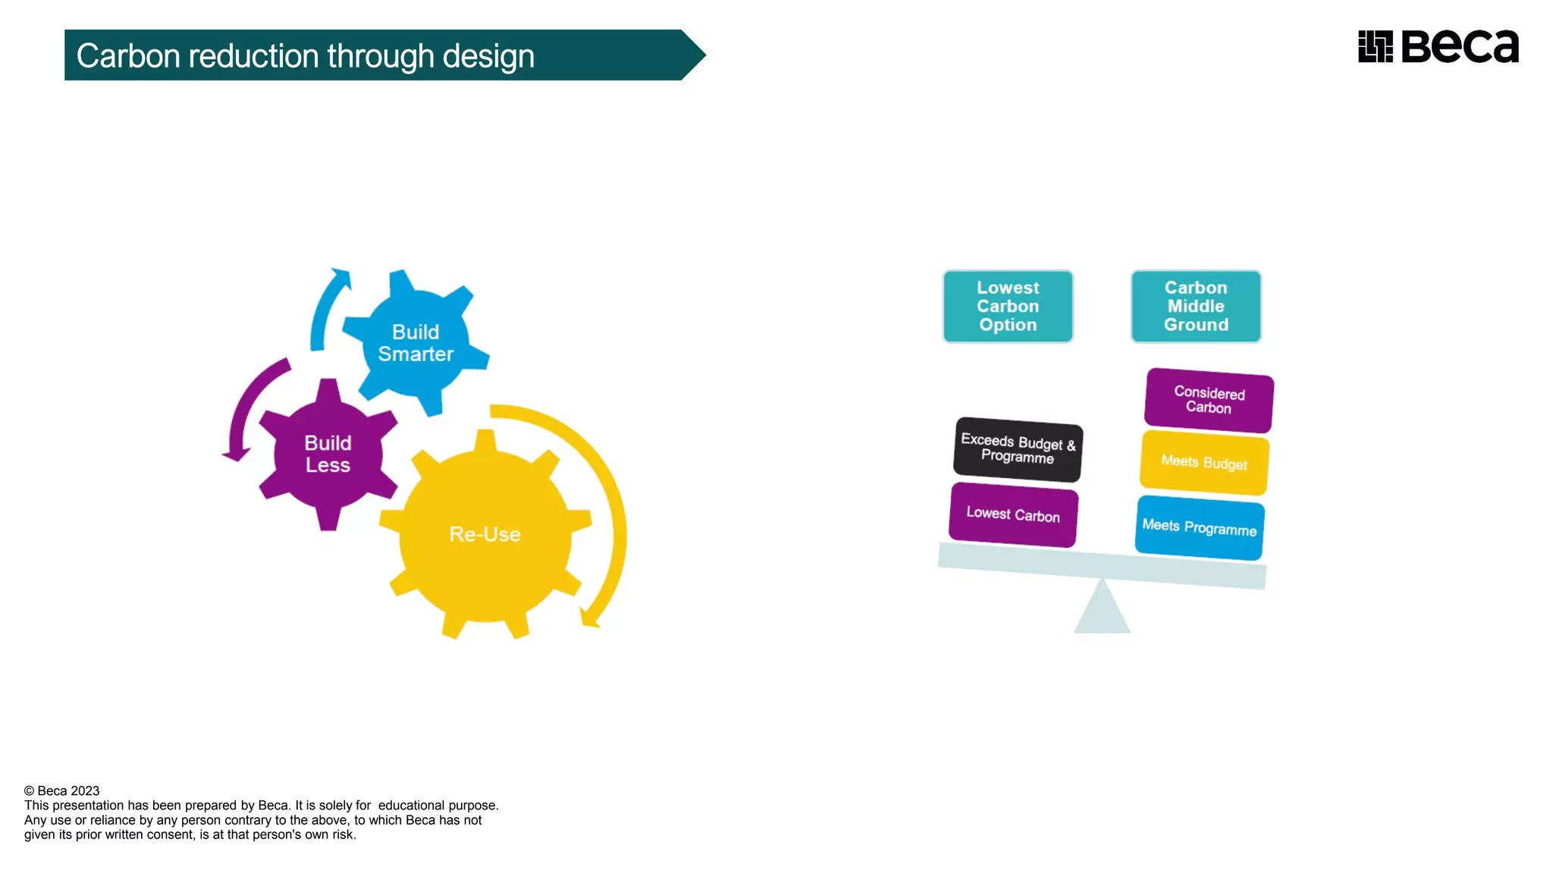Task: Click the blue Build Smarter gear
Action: pos(415,343)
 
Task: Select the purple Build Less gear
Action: pos(328,454)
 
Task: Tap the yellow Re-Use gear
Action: pos(485,534)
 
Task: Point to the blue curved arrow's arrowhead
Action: pos(343,276)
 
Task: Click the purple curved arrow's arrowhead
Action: pos(237,454)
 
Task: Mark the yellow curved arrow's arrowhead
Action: pos(588,618)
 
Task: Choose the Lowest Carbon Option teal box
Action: pos(1008,307)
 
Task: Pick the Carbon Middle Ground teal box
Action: pos(1196,307)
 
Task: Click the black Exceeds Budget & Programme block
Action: pos(1018,449)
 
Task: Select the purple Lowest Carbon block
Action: pos(1013,514)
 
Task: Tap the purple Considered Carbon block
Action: pos(1209,400)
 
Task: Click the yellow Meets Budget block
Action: pos(1204,462)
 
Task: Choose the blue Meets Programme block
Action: pos(1200,527)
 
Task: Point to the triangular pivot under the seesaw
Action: pos(1102,611)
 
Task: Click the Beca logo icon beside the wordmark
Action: pos(1376,47)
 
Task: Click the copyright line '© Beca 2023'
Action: pos(62,791)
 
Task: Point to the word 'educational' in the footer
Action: pos(411,805)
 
